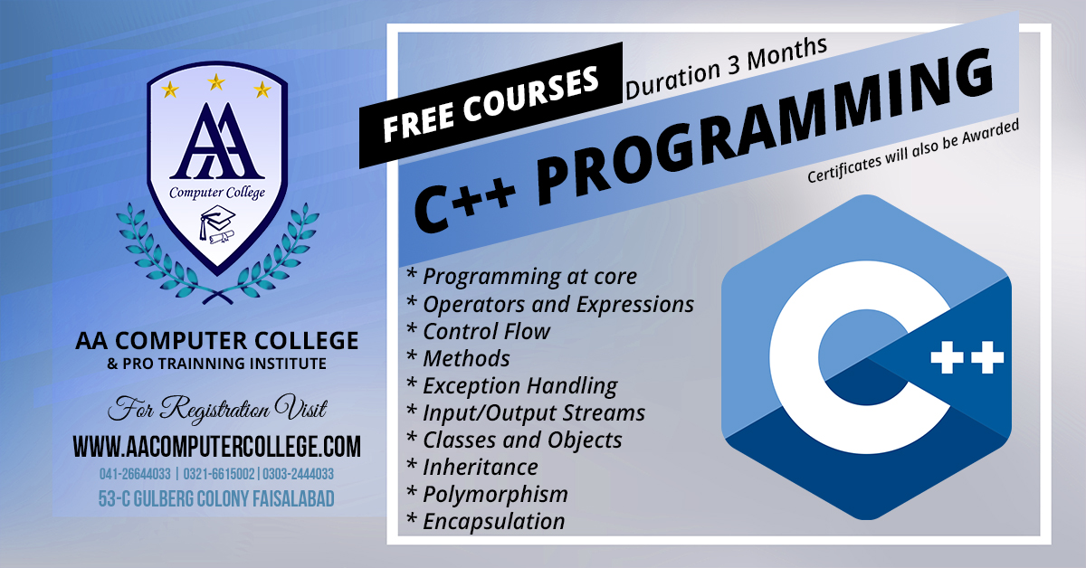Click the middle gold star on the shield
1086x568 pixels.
(216, 82)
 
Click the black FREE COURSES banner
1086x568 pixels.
(491, 105)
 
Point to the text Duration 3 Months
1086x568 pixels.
(726, 68)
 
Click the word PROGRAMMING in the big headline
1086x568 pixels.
(765, 128)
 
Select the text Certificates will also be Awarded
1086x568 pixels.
(913, 151)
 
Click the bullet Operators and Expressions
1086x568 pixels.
(550, 305)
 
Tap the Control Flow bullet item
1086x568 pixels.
(479, 332)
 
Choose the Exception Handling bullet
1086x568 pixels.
(512, 386)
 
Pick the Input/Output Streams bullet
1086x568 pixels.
(526, 413)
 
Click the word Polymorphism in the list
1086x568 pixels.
(496, 495)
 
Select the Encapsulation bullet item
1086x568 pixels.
(486, 522)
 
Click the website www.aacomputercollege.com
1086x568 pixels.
(216, 447)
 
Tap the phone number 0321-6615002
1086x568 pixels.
(219, 474)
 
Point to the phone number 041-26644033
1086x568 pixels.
(135, 474)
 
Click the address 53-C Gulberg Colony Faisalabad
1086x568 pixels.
(216, 498)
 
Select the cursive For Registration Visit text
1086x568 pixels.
(217, 409)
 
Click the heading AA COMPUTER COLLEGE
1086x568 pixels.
(216, 340)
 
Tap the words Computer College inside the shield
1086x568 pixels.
(216, 193)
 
